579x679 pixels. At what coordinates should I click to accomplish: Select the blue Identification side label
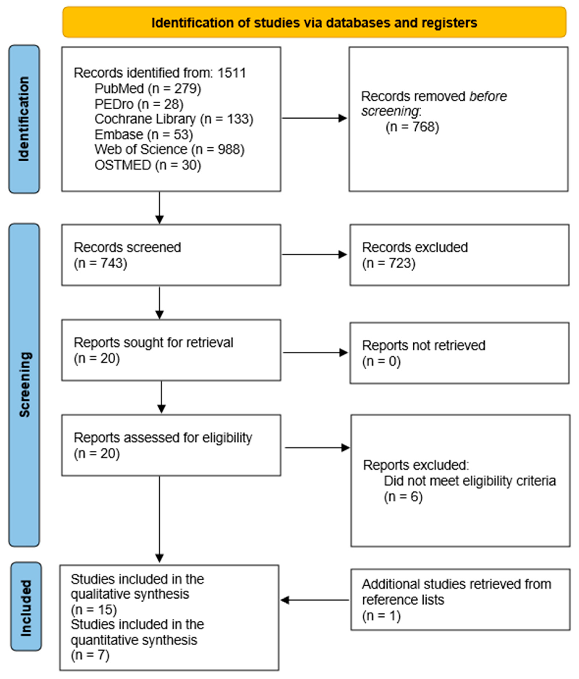[x=24, y=119]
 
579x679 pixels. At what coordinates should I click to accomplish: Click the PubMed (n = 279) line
[x=148, y=89]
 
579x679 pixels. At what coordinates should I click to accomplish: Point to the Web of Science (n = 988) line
[x=169, y=149]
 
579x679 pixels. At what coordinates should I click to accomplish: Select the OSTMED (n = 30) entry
[x=148, y=165]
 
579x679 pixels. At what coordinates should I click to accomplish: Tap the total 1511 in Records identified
[x=232, y=73]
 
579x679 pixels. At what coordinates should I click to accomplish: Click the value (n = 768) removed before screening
[x=412, y=127]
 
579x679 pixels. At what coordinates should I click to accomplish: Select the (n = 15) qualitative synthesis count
[x=94, y=610]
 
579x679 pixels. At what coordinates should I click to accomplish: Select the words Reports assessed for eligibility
[x=163, y=438]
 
